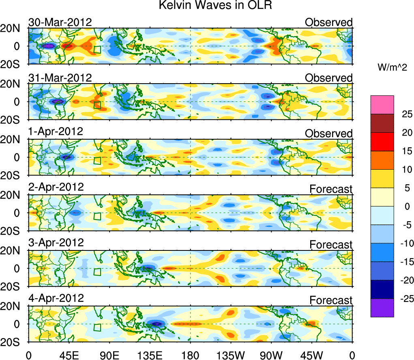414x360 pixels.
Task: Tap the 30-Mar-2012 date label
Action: point(60,22)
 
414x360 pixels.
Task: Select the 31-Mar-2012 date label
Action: point(60,78)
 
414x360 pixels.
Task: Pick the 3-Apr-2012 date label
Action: point(56,243)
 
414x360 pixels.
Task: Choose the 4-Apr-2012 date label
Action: point(56,298)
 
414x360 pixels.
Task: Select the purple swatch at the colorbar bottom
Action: point(382,308)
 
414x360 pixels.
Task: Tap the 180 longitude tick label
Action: point(190,354)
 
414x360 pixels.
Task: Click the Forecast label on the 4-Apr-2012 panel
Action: point(331,300)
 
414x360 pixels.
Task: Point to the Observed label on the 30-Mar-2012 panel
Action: point(328,22)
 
